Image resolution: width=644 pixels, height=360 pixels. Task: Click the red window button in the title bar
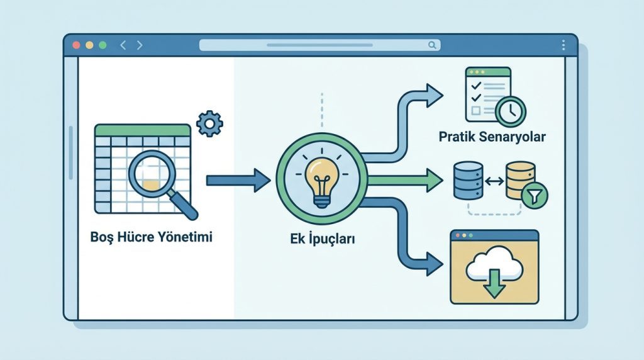(x=76, y=45)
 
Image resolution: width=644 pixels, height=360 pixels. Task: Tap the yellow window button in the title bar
(x=89, y=45)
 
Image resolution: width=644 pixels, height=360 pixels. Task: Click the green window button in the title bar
(x=103, y=45)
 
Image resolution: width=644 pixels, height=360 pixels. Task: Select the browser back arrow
(x=123, y=45)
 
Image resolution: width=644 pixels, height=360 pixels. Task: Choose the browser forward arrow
(x=140, y=45)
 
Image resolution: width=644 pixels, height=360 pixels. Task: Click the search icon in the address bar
(x=432, y=45)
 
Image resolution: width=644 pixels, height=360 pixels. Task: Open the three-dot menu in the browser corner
(x=563, y=45)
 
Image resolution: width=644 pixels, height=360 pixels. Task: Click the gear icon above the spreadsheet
(x=209, y=123)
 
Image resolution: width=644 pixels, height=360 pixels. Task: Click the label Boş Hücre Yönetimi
(x=151, y=237)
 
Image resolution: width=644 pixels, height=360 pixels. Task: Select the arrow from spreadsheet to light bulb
(x=238, y=181)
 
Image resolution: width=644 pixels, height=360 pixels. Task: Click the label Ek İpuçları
(x=323, y=239)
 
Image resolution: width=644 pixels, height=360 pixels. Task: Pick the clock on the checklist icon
(x=511, y=111)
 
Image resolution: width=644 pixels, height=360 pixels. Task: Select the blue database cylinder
(x=468, y=181)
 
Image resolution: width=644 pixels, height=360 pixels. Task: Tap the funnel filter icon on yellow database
(x=535, y=196)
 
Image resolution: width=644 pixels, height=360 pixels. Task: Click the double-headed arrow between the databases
(x=494, y=181)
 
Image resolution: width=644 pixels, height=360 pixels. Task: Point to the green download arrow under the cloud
(x=494, y=284)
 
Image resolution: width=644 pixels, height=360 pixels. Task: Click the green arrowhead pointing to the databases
(x=435, y=180)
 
